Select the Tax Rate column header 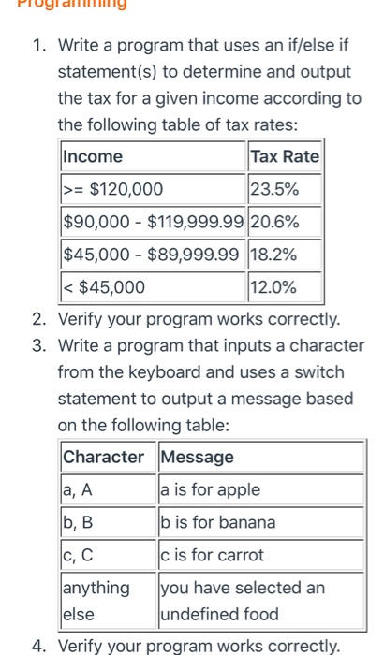[285, 156]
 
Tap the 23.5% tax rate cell [285, 189]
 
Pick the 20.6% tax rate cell [285, 222]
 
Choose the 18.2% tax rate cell [285, 254]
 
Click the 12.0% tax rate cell [285, 286]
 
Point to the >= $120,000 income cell [153, 189]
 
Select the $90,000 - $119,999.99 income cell [153, 222]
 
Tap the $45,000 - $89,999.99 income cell [153, 254]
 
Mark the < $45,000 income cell [153, 286]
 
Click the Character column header [107, 458]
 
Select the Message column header [259, 458]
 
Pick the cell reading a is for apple [259, 489]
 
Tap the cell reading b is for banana [259, 522]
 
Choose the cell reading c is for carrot [259, 555]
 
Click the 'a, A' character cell [107, 489]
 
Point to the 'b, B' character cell [107, 522]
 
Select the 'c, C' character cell [107, 555]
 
